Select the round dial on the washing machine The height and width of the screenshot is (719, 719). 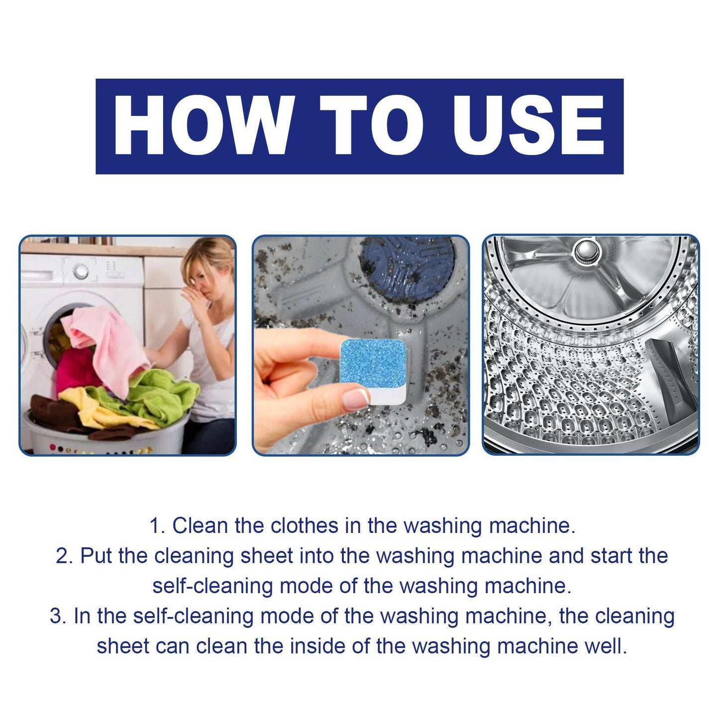81,271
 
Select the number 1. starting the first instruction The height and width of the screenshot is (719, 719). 157,526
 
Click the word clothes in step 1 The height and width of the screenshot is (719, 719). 304,526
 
